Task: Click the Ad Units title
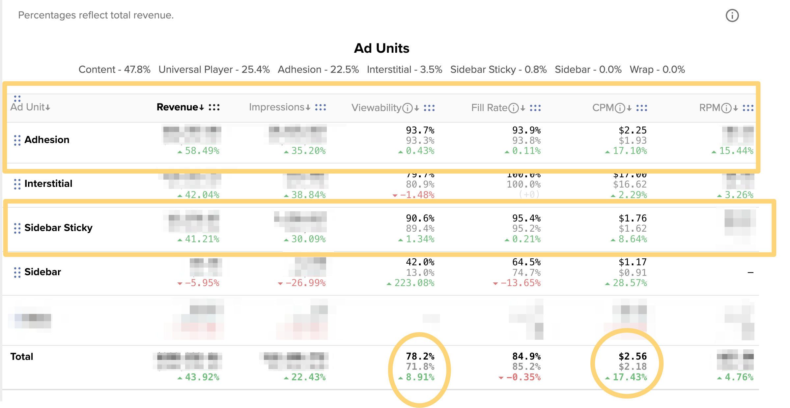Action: pyautogui.click(x=381, y=48)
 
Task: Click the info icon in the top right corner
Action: pyautogui.click(x=732, y=15)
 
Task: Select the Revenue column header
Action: pyautogui.click(x=177, y=107)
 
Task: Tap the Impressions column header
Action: pyautogui.click(x=276, y=107)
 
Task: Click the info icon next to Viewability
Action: pyautogui.click(x=408, y=108)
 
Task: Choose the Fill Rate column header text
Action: pyautogui.click(x=489, y=108)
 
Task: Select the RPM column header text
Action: pyautogui.click(x=710, y=108)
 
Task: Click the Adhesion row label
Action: pyautogui.click(x=47, y=140)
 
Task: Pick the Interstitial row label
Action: pyautogui.click(x=48, y=184)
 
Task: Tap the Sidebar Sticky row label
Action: pyautogui.click(x=58, y=228)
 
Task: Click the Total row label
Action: pyautogui.click(x=22, y=357)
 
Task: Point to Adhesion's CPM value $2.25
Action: pyautogui.click(x=633, y=130)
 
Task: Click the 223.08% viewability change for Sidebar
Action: pyautogui.click(x=414, y=283)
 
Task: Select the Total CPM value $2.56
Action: pyautogui.click(x=633, y=356)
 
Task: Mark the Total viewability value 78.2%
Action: pyautogui.click(x=420, y=356)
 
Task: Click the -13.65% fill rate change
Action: pyautogui.click(x=521, y=283)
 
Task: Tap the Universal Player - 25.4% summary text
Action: pyautogui.click(x=214, y=70)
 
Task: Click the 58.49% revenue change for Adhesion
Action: pyautogui.click(x=202, y=151)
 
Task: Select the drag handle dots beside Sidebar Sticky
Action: pyautogui.click(x=17, y=228)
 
